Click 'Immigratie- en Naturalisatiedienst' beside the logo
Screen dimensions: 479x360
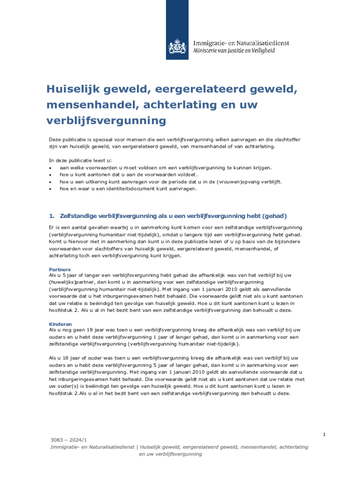tap(241, 43)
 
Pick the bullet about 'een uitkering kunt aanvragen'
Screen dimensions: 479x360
tap(170, 181)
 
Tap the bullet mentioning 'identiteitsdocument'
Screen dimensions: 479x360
tap(128, 189)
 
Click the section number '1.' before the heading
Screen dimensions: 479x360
tap(52, 216)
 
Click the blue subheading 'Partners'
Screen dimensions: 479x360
tap(60, 269)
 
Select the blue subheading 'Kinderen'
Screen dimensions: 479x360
tap(60, 324)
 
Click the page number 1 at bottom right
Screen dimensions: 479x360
tap(324, 435)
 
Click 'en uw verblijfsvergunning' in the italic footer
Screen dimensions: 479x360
tap(171, 454)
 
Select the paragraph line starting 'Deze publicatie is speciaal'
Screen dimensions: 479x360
tap(175, 139)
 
